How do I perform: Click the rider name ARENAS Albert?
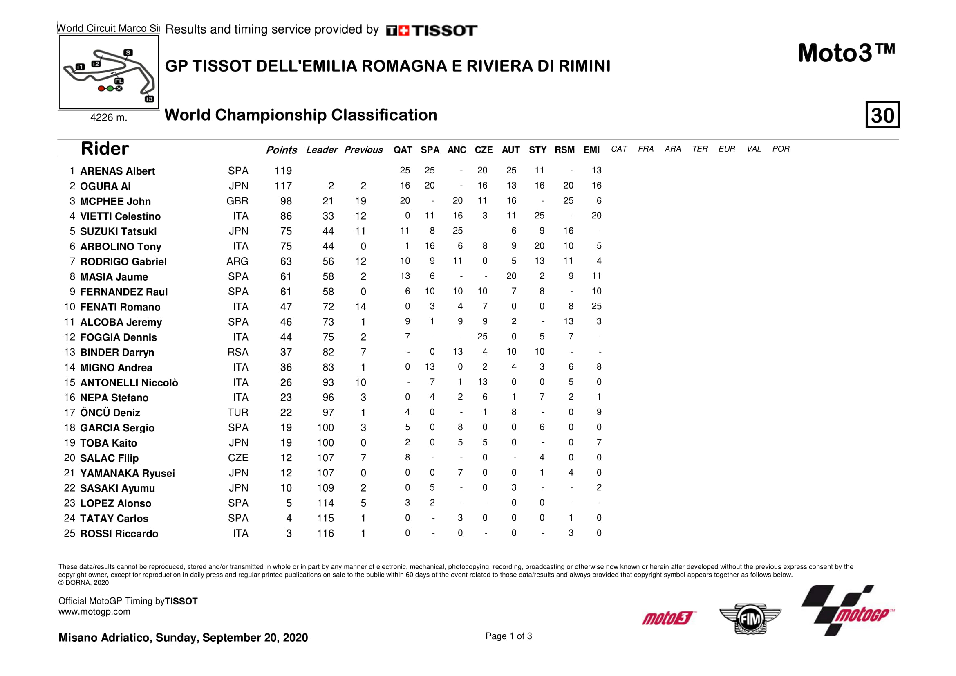117,171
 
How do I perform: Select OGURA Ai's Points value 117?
283,186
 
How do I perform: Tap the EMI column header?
591,150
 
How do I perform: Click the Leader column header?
321,150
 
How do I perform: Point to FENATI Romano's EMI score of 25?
596,307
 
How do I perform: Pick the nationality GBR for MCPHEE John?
237,201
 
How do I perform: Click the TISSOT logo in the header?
431,30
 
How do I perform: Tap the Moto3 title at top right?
846,53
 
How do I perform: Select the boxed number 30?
882,115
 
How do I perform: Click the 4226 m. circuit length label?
109,117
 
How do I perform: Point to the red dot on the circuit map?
101,88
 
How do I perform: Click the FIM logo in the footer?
750,619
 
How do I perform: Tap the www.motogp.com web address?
94,612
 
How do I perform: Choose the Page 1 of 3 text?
508,636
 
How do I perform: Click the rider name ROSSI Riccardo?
119,534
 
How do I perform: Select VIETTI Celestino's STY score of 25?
539,216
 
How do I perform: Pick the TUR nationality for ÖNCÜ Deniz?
238,413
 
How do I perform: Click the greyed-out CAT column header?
619,149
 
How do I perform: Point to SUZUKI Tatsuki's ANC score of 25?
458,231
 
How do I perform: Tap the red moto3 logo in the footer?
668,618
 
